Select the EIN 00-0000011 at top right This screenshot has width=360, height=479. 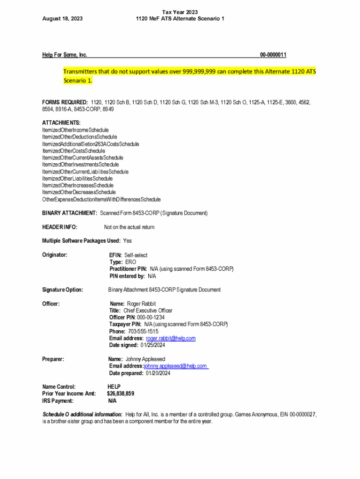pyautogui.click(x=273, y=55)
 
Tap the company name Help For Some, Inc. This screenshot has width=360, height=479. pyautogui.click(x=65, y=55)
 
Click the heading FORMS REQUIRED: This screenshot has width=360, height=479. pyautogui.click(x=65, y=102)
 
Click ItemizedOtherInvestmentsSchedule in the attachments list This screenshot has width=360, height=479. pyautogui.click(x=80, y=165)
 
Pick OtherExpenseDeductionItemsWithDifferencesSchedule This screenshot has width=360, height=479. pyautogui.click(x=101, y=199)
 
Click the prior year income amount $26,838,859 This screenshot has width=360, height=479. pyautogui.click(x=121, y=394)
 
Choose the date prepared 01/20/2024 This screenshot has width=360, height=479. pyautogui.click(x=158, y=373)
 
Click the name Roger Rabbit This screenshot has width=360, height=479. pyautogui.click(x=141, y=304)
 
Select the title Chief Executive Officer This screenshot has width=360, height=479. pyautogui.click(x=148, y=311)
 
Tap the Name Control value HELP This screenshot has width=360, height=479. pyautogui.click(x=114, y=387)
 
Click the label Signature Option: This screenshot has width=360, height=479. pyautogui.click(x=63, y=290)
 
